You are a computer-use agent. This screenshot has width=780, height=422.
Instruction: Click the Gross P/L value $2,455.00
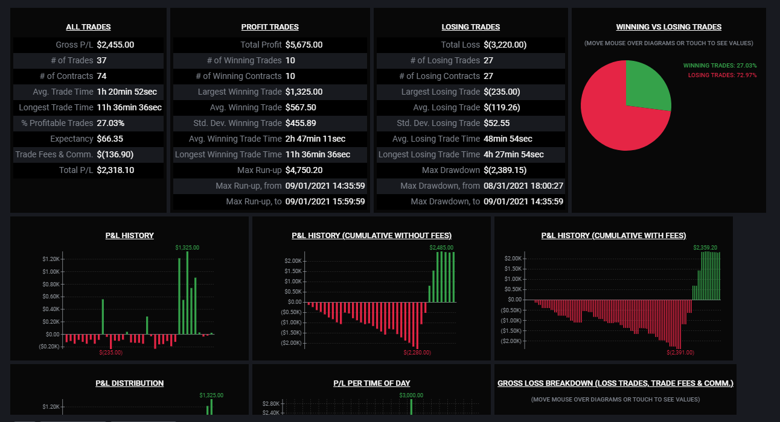(x=115, y=45)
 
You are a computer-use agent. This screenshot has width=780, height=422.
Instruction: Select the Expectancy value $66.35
(x=110, y=139)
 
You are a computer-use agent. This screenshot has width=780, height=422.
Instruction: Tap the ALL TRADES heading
(x=89, y=27)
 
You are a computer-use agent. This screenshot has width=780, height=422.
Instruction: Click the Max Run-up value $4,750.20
(x=304, y=170)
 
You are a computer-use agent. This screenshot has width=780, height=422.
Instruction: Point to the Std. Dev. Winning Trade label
(x=237, y=123)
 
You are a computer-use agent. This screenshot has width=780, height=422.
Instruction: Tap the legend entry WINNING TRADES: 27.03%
(x=720, y=65)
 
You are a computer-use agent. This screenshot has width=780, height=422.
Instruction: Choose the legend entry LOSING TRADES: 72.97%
(x=722, y=75)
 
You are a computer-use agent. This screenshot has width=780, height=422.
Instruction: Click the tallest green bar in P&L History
(x=187, y=293)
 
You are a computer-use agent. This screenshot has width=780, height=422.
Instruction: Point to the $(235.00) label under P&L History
(x=110, y=353)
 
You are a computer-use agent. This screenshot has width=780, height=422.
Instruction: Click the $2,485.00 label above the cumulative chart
(x=441, y=248)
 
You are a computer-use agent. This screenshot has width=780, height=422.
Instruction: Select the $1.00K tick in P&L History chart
(x=51, y=271)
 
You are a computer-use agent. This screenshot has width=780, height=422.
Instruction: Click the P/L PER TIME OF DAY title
(x=371, y=383)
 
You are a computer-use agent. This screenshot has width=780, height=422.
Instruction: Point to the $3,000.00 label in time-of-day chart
(x=411, y=395)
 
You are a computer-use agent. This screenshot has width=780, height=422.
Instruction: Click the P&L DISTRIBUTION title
(x=130, y=383)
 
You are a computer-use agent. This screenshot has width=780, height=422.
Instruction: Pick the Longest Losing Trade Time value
(x=514, y=154)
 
